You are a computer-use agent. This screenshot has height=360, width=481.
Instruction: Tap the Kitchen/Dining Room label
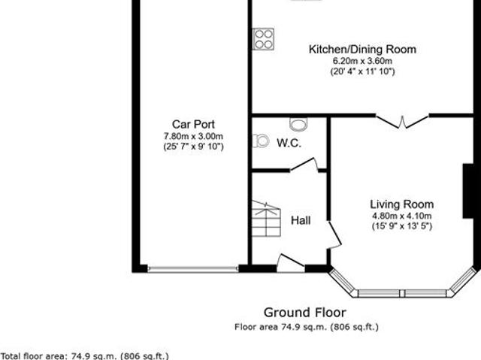[362, 50]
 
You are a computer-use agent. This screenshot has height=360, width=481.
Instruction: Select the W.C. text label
[289, 143]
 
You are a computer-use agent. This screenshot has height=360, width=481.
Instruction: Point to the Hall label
[301, 221]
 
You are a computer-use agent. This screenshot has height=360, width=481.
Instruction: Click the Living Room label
[401, 204]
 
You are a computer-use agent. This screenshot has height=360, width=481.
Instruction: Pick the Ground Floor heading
[304, 312]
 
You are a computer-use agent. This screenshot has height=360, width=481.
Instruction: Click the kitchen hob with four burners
[263, 39]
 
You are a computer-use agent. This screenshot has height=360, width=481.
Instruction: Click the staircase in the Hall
[265, 219]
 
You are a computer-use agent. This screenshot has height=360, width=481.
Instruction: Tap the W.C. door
[303, 167]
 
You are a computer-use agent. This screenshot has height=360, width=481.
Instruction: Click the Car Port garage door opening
[192, 268]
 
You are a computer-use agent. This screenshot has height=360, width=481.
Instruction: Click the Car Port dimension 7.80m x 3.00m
[193, 136]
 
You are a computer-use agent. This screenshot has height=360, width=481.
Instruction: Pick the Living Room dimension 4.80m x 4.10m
[401, 216]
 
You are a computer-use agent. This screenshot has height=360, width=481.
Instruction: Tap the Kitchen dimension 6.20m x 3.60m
[362, 61]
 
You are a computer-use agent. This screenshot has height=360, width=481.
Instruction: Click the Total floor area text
[85, 355]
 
